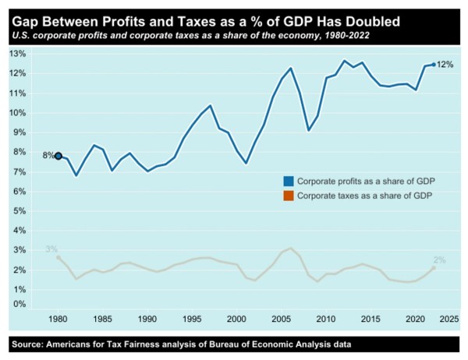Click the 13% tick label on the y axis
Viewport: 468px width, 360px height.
click(18, 54)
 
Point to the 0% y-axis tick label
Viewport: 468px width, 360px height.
click(20, 304)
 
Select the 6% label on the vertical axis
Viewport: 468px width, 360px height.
click(20, 191)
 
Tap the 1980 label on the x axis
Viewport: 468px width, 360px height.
click(58, 319)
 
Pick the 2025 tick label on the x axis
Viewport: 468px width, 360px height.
click(449, 319)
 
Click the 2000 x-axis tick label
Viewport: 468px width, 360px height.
click(236, 319)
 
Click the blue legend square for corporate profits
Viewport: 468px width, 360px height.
click(289, 182)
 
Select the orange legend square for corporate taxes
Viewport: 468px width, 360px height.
click(289, 196)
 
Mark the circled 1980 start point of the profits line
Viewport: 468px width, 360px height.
click(58, 156)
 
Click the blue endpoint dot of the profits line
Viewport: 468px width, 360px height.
click(434, 65)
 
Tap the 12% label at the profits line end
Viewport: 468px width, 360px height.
click(445, 65)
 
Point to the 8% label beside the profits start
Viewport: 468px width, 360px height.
click(48, 155)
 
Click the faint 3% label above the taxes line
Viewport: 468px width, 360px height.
click(51, 249)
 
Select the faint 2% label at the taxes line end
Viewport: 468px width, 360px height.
click(439, 260)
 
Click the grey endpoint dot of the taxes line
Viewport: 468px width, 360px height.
click(434, 268)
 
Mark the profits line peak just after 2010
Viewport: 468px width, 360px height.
click(344, 61)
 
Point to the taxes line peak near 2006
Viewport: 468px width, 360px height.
click(291, 248)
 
